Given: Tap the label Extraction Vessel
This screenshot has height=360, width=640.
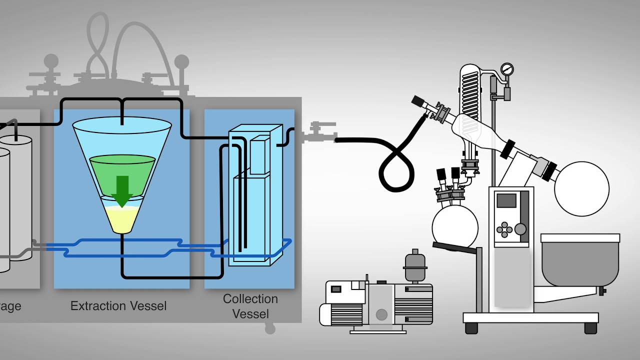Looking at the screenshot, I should [118, 306].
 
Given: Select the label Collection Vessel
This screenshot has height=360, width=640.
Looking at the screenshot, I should [250, 306].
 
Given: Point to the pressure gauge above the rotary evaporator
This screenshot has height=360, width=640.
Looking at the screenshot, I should [507, 69].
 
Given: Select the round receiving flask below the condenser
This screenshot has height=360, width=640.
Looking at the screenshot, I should [454, 225].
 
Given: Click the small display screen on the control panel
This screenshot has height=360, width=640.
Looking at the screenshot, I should [506, 200].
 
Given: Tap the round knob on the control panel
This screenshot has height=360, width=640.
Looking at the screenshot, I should [520, 229].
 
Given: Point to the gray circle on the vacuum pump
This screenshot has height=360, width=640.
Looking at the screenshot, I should [381, 314].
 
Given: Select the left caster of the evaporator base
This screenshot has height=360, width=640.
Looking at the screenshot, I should [471, 328].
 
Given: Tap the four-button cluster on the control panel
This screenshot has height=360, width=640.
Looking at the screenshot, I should [504, 230].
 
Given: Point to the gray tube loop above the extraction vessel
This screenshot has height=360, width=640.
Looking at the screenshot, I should [98, 45].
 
